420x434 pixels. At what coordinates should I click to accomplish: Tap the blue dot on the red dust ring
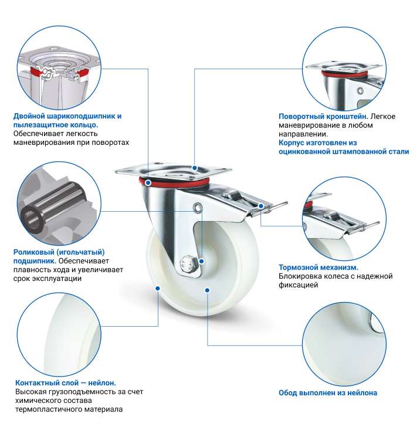click(x=148, y=182)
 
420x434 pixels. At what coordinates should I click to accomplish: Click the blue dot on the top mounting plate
click(x=195, y=168)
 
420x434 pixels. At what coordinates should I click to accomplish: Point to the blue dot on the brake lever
click(x=261, y=206)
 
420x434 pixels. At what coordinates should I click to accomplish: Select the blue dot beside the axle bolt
click(x=202, y=261)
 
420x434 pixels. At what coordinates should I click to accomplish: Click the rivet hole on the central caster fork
click(x=197, y=207)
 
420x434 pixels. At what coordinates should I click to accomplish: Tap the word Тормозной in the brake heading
click(x=298, y=267)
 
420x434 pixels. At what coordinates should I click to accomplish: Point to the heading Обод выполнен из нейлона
click(x=328, y=393)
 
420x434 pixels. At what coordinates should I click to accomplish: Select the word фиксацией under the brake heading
click(x=298, y=285)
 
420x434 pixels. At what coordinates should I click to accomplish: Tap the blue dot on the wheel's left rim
click(x=158, y=289)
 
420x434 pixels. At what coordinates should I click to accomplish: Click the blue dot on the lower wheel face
click(x=207, y=290)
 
